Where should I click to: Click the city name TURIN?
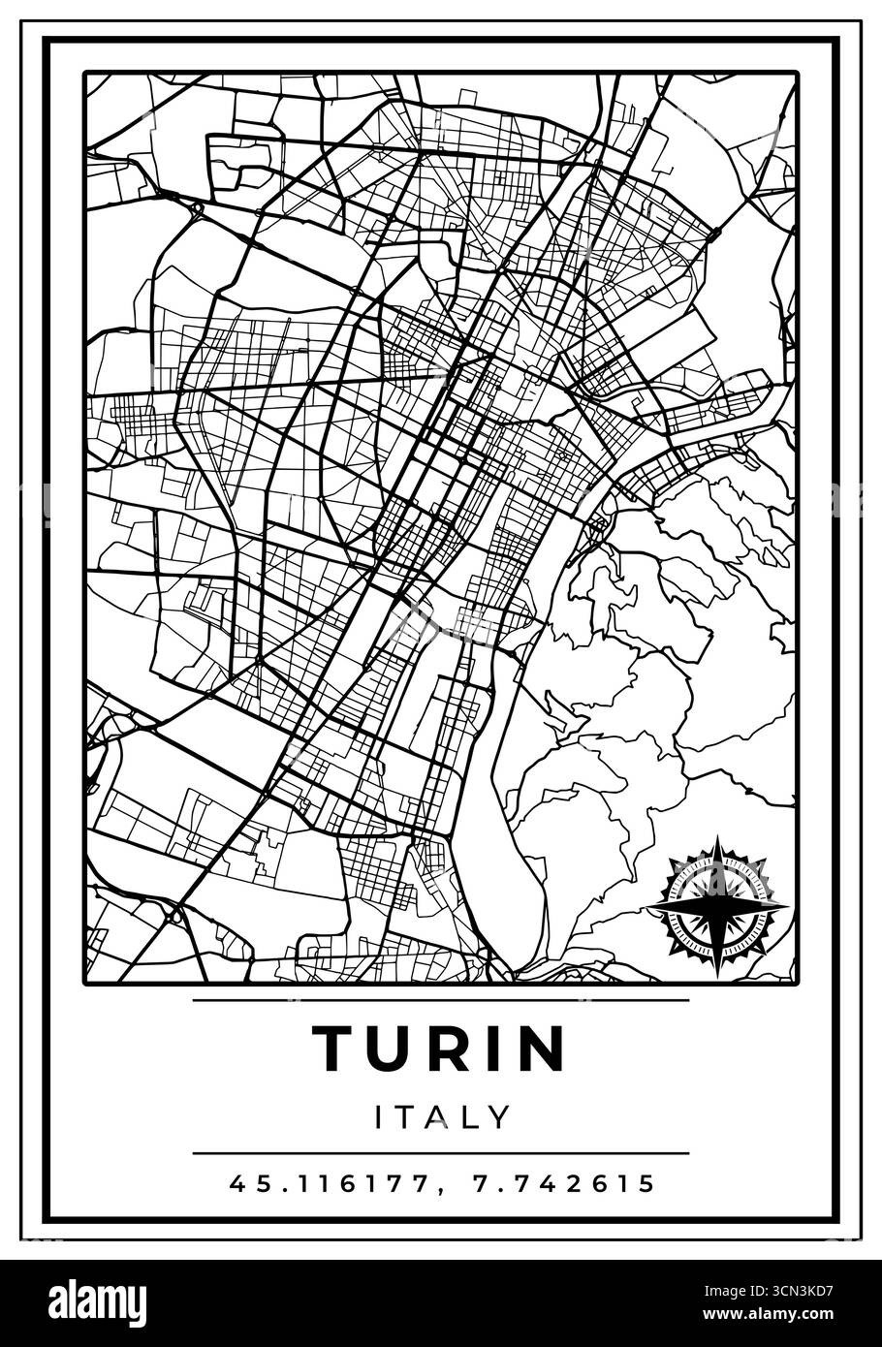coord(439,1049)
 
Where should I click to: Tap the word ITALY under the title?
coord(442,1117)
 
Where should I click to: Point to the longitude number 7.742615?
coord(564,1183)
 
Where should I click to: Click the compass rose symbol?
coord(716,905)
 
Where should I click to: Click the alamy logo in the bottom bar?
coord(88,1300)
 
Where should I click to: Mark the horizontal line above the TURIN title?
coord(441,999)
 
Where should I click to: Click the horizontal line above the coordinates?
coord(441,1153)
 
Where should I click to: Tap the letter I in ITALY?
coord(380,1117)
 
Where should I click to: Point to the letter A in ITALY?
coord(439,1117)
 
